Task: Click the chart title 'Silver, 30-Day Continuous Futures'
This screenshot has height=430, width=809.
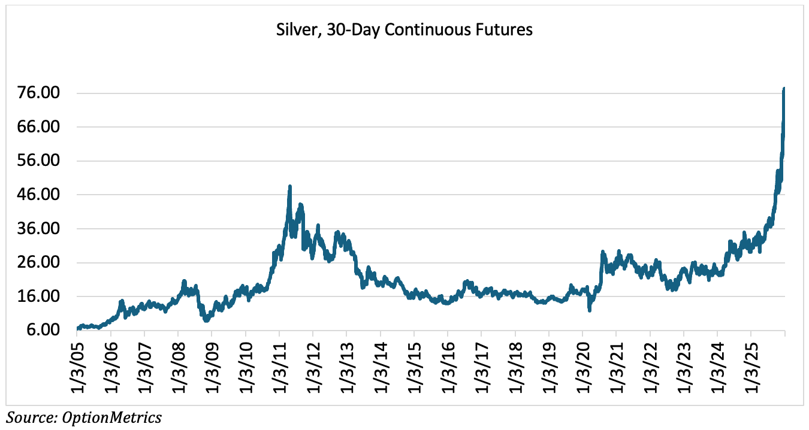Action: pyautogui.click(x=404, y=30)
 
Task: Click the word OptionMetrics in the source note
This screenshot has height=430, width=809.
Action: pyautogui.click(x=112, y=417)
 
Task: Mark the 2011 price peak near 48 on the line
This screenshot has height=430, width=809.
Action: pyautogui.click(x=290, y=186)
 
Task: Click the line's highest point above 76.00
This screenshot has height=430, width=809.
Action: pyautogui.click(x=784, y=89)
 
